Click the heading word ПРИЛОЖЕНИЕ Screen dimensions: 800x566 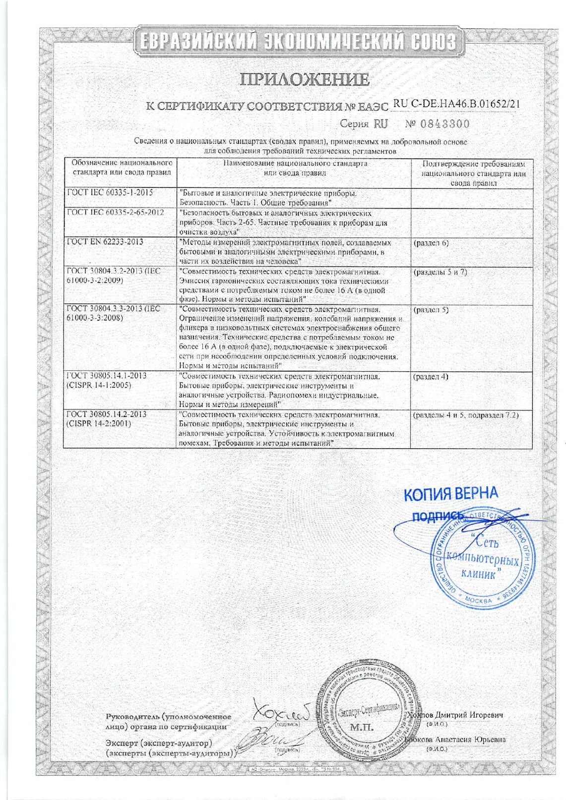point(305,79)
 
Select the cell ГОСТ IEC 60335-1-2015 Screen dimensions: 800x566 point(110,193)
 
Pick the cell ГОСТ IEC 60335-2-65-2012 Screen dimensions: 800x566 point(116,213)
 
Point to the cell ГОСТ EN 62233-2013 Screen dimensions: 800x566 point(105,242)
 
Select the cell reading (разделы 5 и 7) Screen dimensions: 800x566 point(440,272)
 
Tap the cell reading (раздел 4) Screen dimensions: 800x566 point(431,376)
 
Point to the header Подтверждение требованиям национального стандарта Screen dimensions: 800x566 point(473,173)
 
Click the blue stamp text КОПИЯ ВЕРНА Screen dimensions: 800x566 point(450,493)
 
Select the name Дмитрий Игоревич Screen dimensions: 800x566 point(469,715)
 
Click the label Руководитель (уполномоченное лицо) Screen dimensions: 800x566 point(169,722)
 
